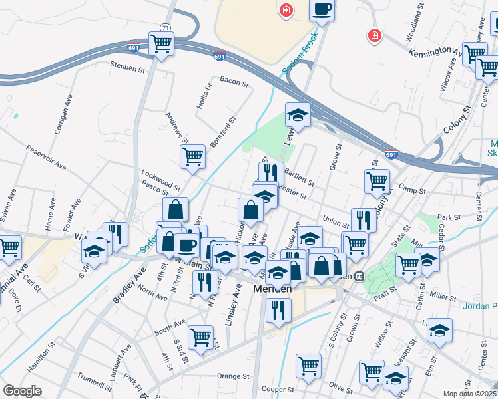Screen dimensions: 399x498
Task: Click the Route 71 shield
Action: click(x=164, y=27)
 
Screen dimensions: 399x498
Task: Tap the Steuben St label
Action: click(x=128, y=68)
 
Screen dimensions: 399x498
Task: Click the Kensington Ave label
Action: click(x=435, y=52)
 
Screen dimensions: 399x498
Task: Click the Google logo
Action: click(x=22, y=391)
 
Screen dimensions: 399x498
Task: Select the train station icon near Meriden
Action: click(x=359, y=276)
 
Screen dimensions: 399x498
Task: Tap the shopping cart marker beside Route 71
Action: click(x=161, y=44)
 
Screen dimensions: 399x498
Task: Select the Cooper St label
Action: click(x=278, y=389)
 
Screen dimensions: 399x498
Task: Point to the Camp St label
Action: click(x=412, y=191)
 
